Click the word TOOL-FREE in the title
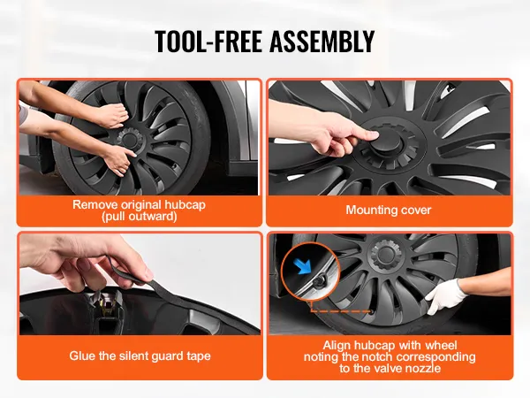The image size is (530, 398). (208, 42)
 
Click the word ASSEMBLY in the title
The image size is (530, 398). (322, 42)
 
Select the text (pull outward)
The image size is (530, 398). (140, 217)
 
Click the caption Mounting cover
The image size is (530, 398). (389, 210)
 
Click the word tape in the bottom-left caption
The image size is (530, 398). (199, 356)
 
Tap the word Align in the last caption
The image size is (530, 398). (337, 346)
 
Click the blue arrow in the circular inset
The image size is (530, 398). (303, 266)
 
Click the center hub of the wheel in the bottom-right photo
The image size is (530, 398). (386, 253)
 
